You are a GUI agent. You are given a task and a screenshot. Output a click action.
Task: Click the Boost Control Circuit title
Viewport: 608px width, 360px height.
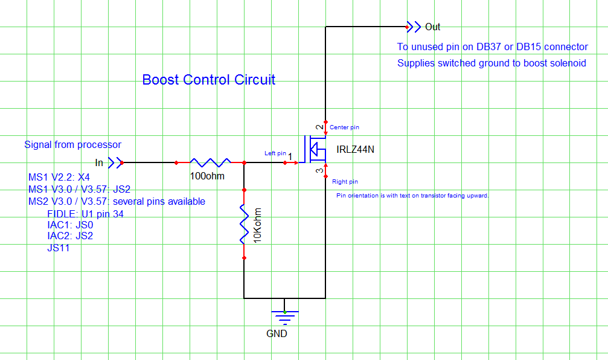208,80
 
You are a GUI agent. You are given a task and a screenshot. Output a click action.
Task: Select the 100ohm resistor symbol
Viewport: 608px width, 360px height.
210,162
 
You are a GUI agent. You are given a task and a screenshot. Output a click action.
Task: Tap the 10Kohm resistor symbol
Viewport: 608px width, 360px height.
244,223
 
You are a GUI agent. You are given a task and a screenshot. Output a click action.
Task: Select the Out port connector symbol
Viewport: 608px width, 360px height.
414,27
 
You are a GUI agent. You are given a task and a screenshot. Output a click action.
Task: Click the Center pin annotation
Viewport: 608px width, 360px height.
344,127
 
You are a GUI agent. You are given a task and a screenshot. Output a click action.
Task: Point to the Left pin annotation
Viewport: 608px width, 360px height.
275,153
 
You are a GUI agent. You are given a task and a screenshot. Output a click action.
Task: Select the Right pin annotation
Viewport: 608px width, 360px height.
345,181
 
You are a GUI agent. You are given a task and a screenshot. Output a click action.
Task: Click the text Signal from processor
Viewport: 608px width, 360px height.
72,145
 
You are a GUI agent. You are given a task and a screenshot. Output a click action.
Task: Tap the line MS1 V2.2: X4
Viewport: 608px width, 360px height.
59,178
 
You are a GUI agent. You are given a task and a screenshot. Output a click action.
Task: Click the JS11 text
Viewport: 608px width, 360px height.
58,248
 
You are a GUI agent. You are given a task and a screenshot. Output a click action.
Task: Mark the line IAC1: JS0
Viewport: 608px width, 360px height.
70,225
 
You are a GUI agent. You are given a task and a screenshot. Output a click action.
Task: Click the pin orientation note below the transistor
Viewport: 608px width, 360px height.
412,196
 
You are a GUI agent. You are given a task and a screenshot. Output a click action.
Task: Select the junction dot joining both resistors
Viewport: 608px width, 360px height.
244,162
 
